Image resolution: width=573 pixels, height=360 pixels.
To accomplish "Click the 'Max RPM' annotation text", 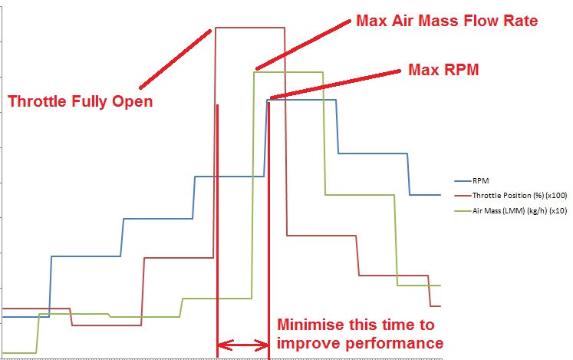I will pyautogui.click(x=443, y=69).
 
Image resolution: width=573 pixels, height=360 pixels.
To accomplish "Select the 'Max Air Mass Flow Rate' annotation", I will pyautogui.click(x=447, y=21).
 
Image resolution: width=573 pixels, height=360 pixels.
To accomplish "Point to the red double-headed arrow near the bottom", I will pyautogui.click(x=243, y=345).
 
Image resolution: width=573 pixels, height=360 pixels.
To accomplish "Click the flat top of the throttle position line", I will pyautogui.click(x=250, y=28).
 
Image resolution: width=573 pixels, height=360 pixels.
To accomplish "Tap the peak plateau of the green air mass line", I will pyautogui.click(x=288, y=72).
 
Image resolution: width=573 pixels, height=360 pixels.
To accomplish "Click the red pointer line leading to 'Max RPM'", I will pyautogui.click(x=335, y=84).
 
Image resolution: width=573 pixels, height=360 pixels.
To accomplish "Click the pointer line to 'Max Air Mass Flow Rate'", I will pyautogui.click(x=301, y=45).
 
